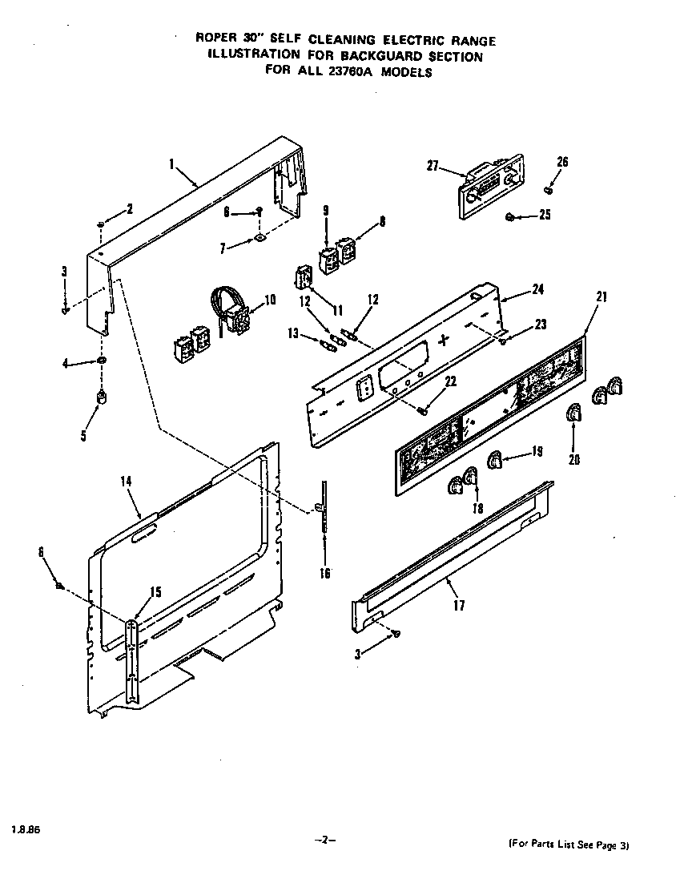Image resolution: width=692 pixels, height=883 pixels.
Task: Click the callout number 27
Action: (432, 166)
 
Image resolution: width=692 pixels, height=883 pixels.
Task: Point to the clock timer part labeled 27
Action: (489, 188)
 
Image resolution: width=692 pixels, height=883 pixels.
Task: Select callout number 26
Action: (562, 163)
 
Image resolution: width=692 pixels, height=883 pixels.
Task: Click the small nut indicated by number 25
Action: (509, 217)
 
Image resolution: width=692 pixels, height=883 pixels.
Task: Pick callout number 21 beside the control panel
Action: (601, 296)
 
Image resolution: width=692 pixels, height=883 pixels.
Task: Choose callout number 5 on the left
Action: (83, 436)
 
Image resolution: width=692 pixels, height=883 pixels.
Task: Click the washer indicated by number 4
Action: (102, 362)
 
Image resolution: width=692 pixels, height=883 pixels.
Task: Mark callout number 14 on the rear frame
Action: (126, 482)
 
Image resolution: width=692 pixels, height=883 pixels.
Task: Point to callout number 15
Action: (156, 592)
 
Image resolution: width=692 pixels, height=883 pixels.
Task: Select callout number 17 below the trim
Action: (458, 606)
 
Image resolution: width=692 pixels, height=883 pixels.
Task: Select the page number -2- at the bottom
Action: (324, 840)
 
